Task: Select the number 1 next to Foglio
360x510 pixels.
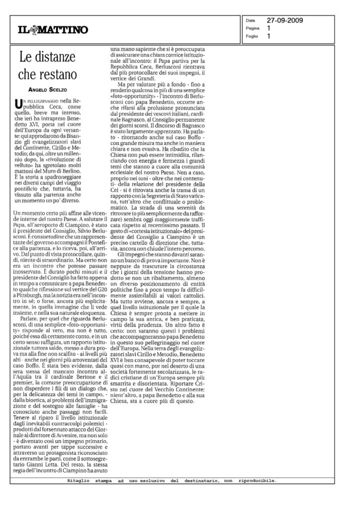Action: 269,36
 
